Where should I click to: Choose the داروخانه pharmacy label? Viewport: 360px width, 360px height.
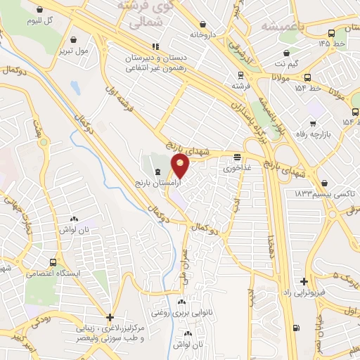[202, 33]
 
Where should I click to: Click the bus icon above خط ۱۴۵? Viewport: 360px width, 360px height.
[332, 33]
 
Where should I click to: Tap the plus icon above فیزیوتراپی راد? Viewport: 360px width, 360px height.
[304, 281]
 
